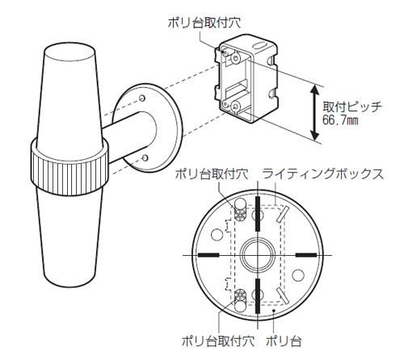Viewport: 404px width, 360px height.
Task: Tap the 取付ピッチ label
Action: tap(353, 107)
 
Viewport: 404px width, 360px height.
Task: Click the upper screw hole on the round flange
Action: tap(143, 98)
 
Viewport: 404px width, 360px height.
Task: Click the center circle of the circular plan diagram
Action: tap(257, 253)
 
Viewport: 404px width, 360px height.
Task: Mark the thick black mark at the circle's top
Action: tap(257, 203)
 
